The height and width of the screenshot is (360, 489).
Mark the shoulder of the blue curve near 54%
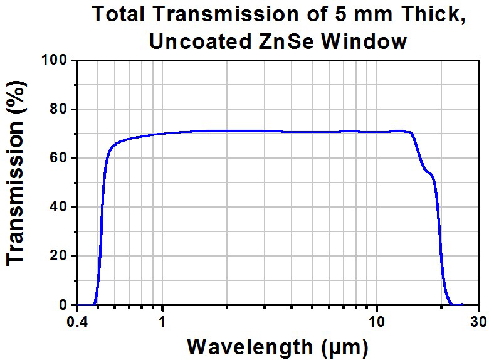click(x=428, y=172)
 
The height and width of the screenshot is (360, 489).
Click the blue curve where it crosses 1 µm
click(x=162, y=134)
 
